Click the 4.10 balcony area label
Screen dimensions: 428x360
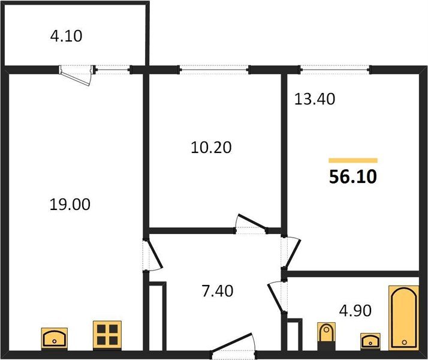pos(66,36)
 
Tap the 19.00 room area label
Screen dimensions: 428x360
pos(70,205)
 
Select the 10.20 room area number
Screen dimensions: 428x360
pos(211,148)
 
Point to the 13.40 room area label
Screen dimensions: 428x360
pos(315,99)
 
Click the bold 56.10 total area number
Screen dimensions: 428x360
pos(353,176)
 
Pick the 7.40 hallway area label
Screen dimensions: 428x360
pos(218,290)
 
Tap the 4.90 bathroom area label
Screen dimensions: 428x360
pos(355,311)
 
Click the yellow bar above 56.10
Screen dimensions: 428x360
pos(353,160)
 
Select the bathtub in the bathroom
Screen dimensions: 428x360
pos(403,318)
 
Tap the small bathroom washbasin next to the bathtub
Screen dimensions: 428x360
pos(370,341)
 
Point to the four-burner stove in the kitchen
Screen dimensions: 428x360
pos(107,335)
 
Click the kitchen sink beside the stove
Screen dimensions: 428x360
pos(55,338)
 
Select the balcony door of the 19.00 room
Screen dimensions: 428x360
pos(77,75)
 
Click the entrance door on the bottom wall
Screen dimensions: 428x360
pos(233,344)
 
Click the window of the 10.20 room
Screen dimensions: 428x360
pos(214,70)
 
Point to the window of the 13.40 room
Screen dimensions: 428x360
pos(335,70)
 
